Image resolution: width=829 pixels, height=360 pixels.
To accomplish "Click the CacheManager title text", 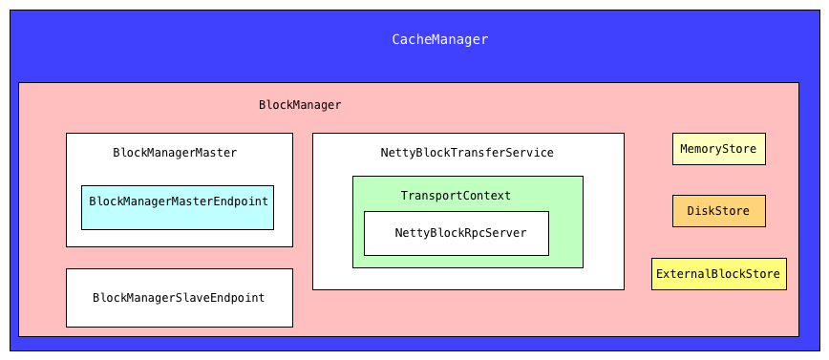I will pos(439,39).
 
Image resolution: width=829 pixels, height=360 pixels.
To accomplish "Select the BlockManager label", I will pos(299,105).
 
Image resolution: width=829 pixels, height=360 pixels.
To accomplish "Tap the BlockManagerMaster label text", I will pos(175,153).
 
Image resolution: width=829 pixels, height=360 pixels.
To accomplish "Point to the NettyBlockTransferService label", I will pos(466,153).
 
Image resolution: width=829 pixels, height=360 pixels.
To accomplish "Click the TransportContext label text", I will pos(455,196).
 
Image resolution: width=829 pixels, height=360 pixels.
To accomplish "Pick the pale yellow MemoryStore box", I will pos(718,149).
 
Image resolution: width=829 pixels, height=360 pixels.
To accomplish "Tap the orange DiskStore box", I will pos(718,211).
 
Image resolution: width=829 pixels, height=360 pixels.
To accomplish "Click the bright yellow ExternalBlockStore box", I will pos(718,274).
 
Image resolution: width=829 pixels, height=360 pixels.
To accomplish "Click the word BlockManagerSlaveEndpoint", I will pos(179,298).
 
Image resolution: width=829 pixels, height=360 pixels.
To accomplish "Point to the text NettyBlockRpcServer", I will pos(459,233).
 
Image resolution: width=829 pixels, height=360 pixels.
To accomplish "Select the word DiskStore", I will pos(718,211).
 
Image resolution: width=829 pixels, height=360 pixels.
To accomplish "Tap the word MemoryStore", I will pos(718,149).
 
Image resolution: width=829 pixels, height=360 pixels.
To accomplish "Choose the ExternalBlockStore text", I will pos(718,274).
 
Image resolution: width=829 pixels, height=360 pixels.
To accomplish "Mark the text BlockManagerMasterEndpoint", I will pos(177,201).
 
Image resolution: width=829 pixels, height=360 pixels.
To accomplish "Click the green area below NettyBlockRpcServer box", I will pos(467,262).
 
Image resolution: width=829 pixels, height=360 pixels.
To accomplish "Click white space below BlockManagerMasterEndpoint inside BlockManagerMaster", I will pos(179,238).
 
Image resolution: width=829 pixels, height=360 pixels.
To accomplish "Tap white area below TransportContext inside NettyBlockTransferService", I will pos(467,278).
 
